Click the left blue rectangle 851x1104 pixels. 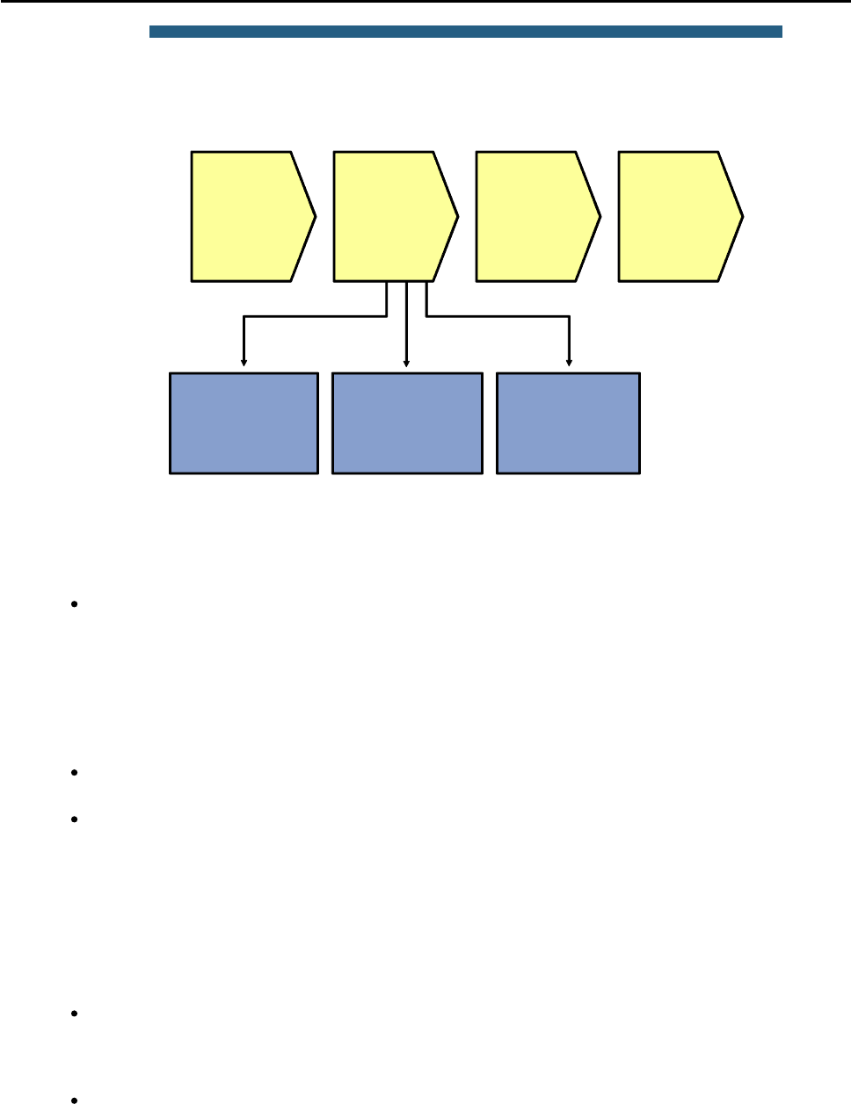tap(244, 423)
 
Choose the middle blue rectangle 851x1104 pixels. tap(407, 423)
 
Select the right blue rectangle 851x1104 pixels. tap(568, 423)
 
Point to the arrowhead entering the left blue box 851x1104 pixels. tap(244, 361)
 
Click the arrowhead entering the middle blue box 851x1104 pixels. tap(406, 361)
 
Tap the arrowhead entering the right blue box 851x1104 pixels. tap(570, 361)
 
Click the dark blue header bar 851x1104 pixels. tap(465, 32)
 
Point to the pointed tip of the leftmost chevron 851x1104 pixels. tap(316, 216)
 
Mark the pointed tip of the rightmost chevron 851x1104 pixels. tap(743, 216)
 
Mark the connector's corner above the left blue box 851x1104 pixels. tap(244, 316)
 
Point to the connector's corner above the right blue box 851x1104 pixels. tap(570, 316)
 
